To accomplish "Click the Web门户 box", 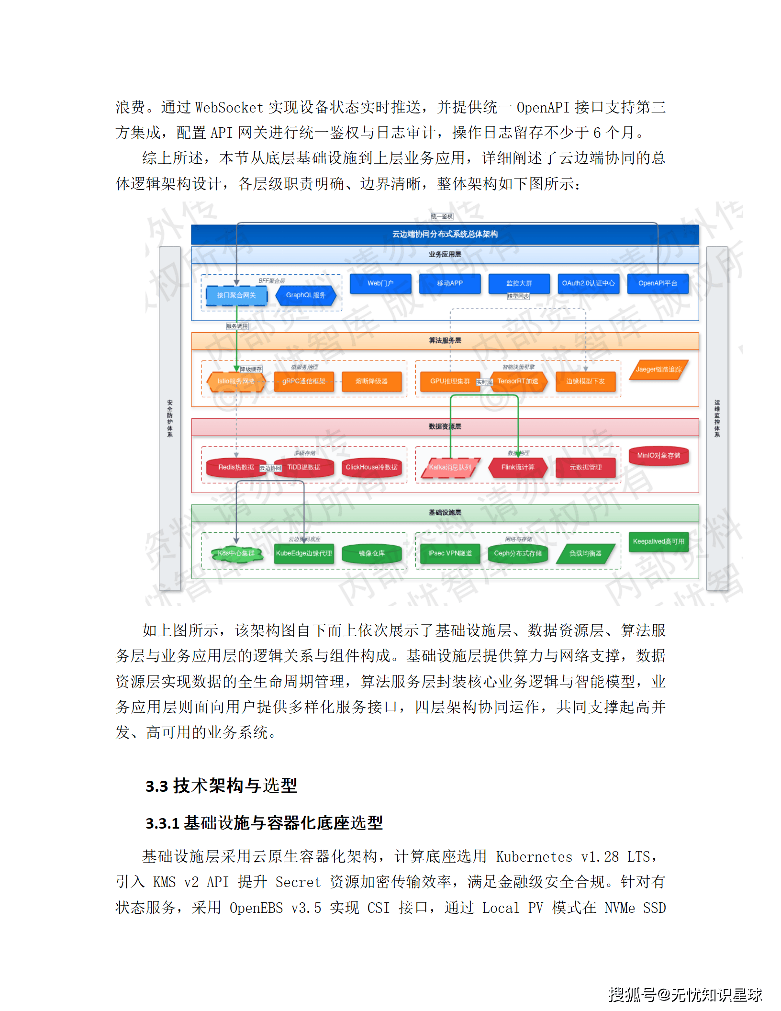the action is pos(380,283).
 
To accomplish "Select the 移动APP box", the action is pos(450,283).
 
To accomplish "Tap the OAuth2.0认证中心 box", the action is pos(588,283).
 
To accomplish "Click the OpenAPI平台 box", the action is pos(658,283).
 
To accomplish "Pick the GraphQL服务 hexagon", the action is pos(306,295).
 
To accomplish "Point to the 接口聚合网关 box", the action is pos(236,295).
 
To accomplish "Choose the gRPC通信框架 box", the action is pos(304,382).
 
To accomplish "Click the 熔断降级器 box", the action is pos(372,382).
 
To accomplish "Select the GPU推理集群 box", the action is pos(449,382).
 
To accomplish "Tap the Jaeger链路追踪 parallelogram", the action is pos(658,370).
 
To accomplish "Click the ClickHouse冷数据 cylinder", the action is pos(372,467).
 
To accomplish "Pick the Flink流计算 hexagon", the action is pos(518,467).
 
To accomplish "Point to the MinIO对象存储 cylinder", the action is pos(658,456).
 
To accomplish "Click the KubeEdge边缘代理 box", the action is pos(304,553).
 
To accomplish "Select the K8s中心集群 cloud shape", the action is pos(236,553).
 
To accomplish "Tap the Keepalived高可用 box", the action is pos(658,541).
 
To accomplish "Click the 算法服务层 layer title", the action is pos(445,340).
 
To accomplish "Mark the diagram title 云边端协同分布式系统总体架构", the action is pos(445,234).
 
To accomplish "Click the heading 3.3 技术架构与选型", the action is pos(221,786).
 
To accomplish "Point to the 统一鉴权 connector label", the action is pos(442,216).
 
